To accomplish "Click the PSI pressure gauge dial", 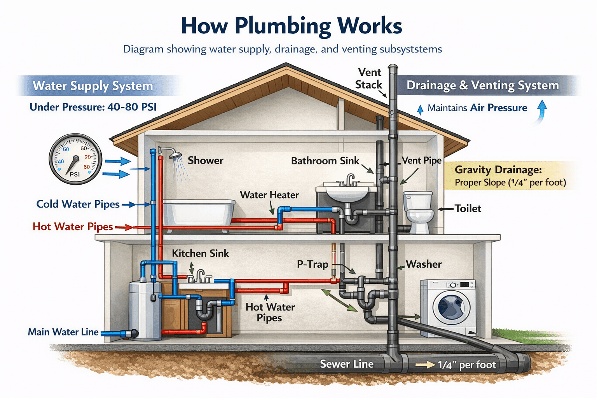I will pos(75,159).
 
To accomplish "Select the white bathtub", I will pos(199,214).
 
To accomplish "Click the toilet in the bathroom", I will pos(418,212).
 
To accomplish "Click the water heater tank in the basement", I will pos(145,311).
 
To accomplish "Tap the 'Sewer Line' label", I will pos(346,364).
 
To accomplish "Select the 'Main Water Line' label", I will pos(63,332).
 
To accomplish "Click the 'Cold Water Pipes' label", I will pos(78,204).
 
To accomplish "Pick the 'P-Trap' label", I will pos(312,264).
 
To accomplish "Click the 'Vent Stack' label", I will pos(369,79).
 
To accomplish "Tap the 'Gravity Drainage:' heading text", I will pos(498,170).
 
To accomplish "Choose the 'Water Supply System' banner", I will pos(93,86).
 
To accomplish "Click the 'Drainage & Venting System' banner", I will pos(483,86).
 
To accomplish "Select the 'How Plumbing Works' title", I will pos(292,26).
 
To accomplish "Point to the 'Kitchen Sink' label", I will pos(201,253).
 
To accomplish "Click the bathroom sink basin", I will pos(347,193).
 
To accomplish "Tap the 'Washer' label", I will pos(424,264).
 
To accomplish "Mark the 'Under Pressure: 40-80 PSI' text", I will pos(93,107).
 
